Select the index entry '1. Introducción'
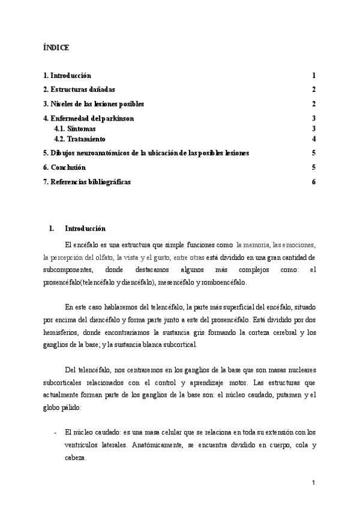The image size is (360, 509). click(x=67, y=76)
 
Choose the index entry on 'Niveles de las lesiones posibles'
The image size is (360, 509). click(x=94, y=104)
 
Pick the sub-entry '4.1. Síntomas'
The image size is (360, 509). click(x=74, y=128)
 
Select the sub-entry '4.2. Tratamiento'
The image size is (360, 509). click(x=80, y=139)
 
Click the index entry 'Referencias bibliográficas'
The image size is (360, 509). click(x=87, y=182)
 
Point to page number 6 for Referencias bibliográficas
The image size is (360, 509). click(x=313, y=182)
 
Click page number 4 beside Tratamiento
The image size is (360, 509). click(x=314, y=139)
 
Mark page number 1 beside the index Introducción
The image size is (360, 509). click(x=314, y=76)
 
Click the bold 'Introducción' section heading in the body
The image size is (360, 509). click(x=85, y=229)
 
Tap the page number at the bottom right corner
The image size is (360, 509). click(x=313, y=483)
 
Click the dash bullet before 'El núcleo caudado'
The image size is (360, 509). click(x=55, y=432)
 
